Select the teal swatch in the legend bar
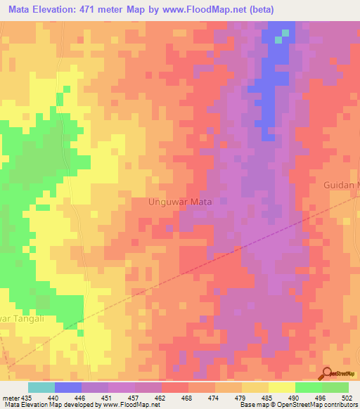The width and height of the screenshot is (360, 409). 41,387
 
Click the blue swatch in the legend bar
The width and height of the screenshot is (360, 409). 68,387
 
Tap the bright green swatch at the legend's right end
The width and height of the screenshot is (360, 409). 335,387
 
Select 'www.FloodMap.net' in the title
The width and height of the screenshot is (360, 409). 203,10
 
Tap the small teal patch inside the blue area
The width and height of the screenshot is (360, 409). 278,39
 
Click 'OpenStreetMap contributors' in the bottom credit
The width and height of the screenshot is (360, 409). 313,405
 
